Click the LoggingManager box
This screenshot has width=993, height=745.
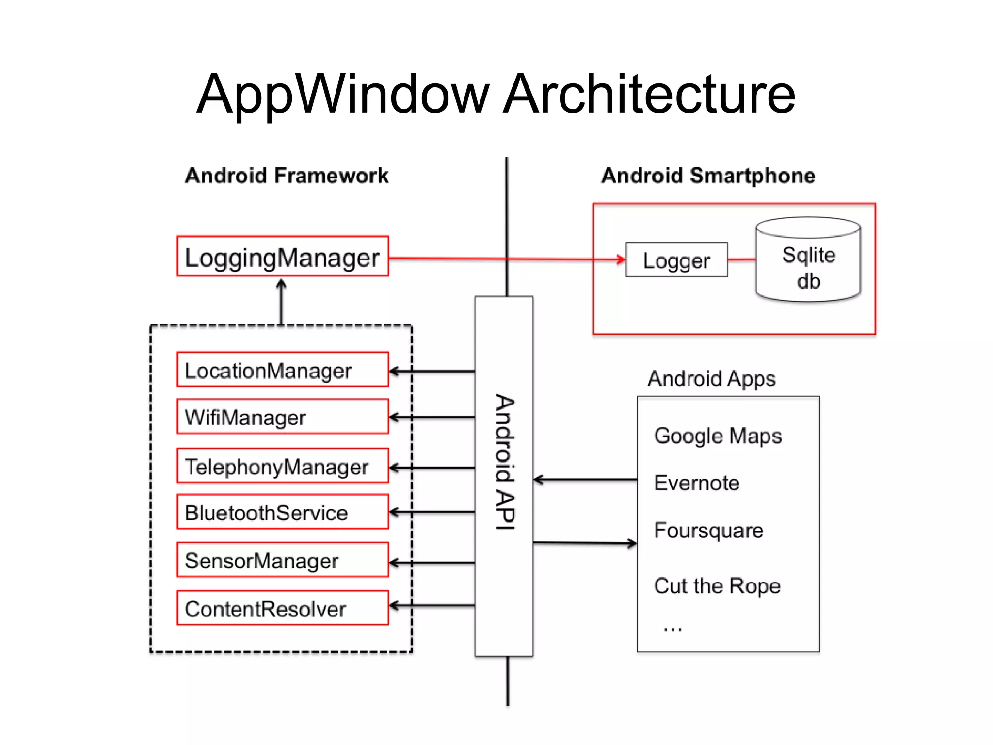282,257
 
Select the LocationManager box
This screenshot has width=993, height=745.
282,370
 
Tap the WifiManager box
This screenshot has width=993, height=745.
282,417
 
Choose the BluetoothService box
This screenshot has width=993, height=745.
282,512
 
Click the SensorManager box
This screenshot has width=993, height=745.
282,560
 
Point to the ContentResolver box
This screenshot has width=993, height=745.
282,608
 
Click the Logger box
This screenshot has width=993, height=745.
676,260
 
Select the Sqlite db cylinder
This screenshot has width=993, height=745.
808,262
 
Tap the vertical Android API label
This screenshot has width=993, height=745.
504,462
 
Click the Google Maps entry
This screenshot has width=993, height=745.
718,436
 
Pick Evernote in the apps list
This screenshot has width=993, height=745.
696,483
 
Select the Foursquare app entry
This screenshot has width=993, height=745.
708,531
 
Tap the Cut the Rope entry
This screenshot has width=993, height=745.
717,586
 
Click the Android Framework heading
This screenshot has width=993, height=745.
287,176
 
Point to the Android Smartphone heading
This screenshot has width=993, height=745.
708,176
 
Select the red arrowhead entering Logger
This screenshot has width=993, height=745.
621,259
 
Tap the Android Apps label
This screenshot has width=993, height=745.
711,379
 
